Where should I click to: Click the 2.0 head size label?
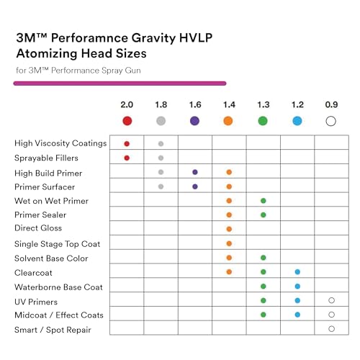[x=127, y=104]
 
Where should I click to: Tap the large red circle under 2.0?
[x=127, y=121]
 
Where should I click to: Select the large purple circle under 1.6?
[x=194, y=121]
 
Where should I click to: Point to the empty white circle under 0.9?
[x=331, y=121]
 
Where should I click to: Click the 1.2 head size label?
[x=297, y=104]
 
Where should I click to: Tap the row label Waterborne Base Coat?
[x=59, y=287]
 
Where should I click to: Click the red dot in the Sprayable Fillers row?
[x=127, y=158]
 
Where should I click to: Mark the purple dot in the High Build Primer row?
[x=194, y=172]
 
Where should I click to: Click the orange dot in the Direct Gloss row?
[x=229, y=230]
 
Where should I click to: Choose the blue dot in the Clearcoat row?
[x=297, y=272]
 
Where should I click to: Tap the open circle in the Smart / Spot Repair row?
[x=331, y=329]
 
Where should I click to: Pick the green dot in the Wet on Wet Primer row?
[x=264, y=201]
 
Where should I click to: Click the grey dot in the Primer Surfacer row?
[x=161, y=186]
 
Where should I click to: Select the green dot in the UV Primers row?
[x=264, y=300]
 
